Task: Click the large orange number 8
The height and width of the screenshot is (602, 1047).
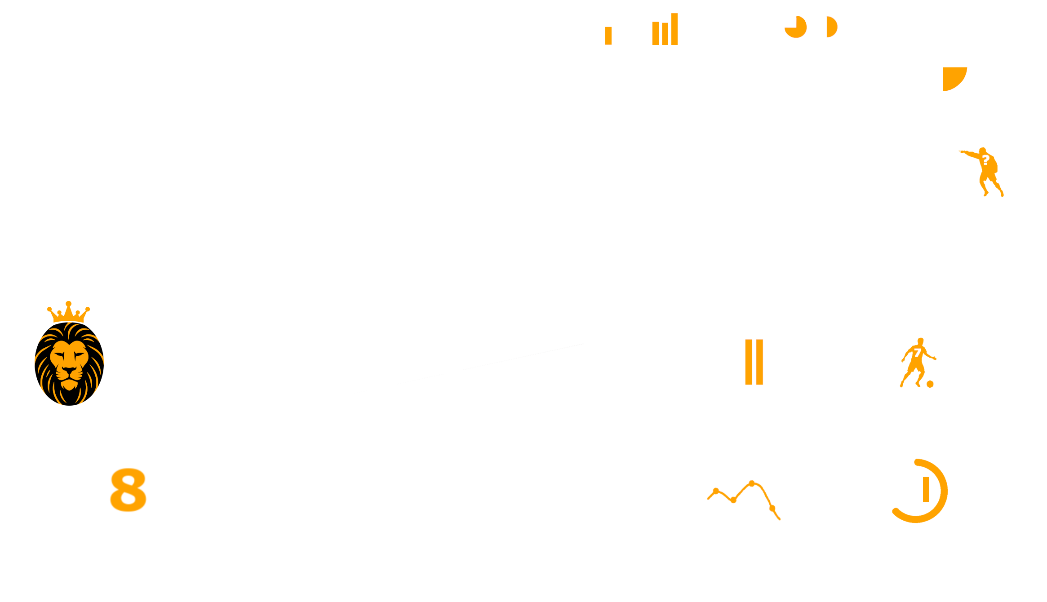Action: point(129,490)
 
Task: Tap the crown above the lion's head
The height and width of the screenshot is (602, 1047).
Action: point(68,312)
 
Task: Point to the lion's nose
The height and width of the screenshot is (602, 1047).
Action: point(69,370)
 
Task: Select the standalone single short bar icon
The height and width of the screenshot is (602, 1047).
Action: point(608,36)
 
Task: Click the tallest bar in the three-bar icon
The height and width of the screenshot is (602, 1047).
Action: point(674,29)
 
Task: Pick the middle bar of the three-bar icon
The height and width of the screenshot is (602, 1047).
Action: point(665,34)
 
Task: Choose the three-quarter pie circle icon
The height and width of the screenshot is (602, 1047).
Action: point(796,27)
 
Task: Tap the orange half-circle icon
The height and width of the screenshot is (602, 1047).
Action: point(832,27)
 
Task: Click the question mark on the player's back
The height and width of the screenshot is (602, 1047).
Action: point(986,160)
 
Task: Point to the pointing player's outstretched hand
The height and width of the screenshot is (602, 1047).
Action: point(962,152)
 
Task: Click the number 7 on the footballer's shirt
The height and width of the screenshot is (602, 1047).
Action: point(917,353)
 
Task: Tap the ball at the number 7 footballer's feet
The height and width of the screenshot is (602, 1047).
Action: point(930,384)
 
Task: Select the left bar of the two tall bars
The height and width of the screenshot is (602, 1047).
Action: point(749,362)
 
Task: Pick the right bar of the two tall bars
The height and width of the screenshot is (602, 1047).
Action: point(760,362)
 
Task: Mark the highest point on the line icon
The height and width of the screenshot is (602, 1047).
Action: point(752,483)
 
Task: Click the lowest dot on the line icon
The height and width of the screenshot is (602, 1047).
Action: point(772,509)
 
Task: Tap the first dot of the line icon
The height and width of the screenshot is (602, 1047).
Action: point(716,491)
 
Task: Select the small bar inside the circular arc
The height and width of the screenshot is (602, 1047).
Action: point(926,489)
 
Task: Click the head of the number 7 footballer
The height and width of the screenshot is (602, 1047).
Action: point(920,341)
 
